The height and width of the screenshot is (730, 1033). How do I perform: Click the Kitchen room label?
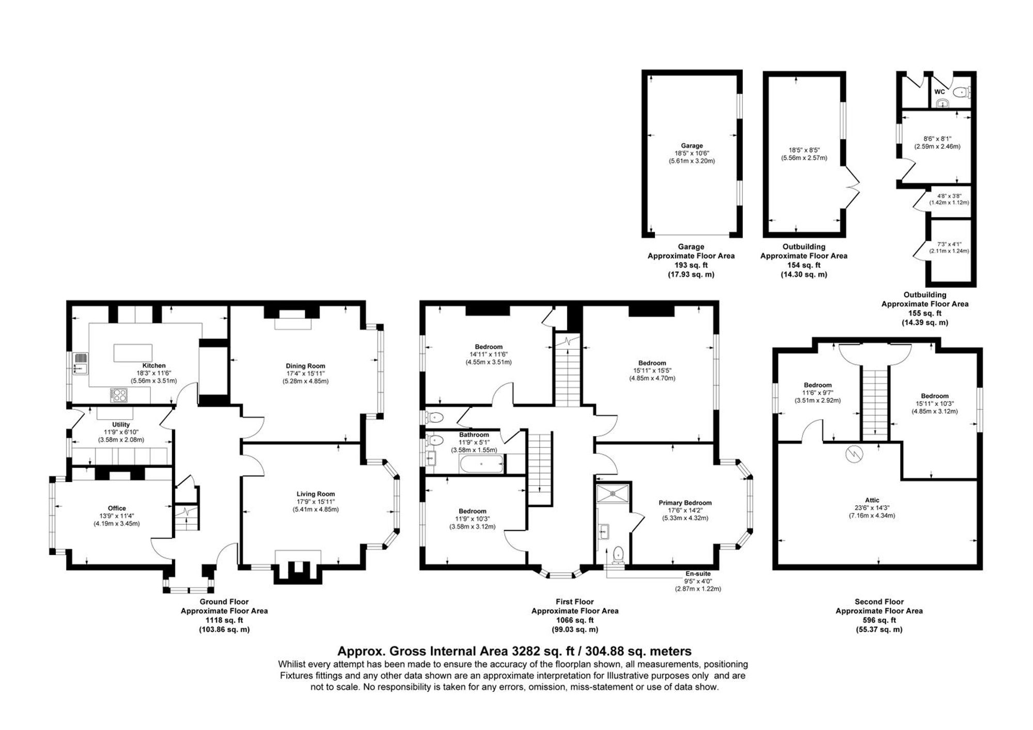pyautogui.click(x=154, y=365)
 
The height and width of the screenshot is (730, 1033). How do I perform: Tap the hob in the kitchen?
pyautogui.click(x=119, y=395)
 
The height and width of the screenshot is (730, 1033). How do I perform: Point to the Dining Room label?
pyautogui.click(x=305, y=366)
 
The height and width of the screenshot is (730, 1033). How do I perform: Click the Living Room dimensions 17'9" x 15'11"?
pyautogui.click(x=316, y=502)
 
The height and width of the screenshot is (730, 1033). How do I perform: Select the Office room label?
pyautogui.click(x=117, y=508)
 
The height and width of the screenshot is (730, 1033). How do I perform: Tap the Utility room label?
pyautogui.click(x=121, y=425)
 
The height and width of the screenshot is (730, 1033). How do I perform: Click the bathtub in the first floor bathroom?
pyautogui.click(x=481, y=464)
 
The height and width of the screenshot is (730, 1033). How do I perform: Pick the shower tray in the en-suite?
pyautogui.click(x=613, y=493)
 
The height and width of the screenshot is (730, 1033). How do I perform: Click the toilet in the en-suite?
pyautogui.click(x=618, y=555)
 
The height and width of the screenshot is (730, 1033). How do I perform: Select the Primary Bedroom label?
pyautogui.click(x=685, y=503)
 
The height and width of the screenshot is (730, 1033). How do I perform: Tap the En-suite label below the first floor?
pyautogui.click(x=698, y=573)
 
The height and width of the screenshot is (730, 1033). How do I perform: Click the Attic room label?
pyautogui.click(x=872, y=500)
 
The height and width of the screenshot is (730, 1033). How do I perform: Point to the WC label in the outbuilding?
pyautogui.click(x=940, y=92)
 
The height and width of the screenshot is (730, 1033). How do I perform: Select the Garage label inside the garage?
pyautogui.click(x=691, y=146)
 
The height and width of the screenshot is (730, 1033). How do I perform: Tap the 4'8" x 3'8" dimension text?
pyautogui.click(x=949, y=196)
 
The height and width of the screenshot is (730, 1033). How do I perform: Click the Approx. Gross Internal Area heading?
pyautogui.click(x=514, y=651)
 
